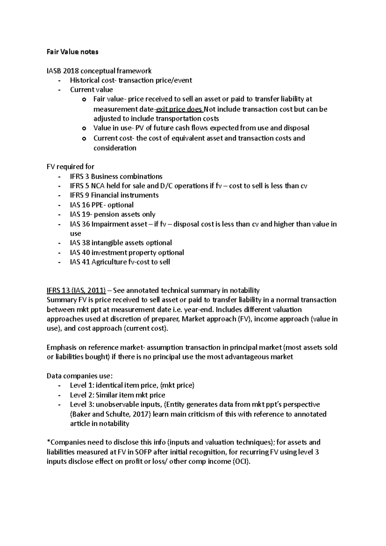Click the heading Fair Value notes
[x=72, y=52]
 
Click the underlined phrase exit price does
[x=179, y=109]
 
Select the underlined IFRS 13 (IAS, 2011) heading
[x=76, y=291]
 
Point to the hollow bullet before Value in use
[x=84, y=129]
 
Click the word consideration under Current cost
[x=115, y=148]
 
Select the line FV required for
[x=70, y=167]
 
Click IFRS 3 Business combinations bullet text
[x=116, y=177]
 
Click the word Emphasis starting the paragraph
[x=62, y=348]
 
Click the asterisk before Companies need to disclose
[x=48, y=442]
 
